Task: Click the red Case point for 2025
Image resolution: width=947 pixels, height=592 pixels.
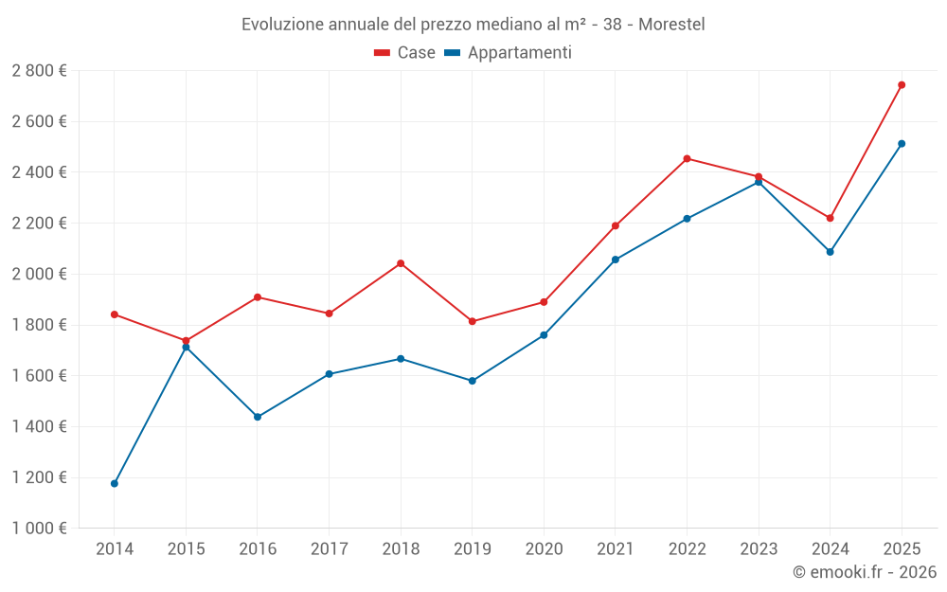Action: [902, 85]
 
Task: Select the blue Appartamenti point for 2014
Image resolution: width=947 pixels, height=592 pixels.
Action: [115, 484]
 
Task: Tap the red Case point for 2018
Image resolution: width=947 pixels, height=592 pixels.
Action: [401, 263]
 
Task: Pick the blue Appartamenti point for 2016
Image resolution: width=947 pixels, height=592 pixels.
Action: [258, 417]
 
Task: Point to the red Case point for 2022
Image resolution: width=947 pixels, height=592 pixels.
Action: [687, 159]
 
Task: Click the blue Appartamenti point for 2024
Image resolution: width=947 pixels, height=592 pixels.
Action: [831, 252]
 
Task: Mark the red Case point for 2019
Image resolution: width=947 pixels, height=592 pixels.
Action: [473, 322]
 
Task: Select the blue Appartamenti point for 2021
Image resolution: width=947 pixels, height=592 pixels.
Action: [616, 260]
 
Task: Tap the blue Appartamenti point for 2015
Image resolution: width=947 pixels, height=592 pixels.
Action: [186, 348]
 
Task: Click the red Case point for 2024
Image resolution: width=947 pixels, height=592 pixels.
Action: [831, 218]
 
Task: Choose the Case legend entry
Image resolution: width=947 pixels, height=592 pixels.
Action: [404, 53]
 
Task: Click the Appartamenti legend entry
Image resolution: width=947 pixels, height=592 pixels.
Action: [509, 53]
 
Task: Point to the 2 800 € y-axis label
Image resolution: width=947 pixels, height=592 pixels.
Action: [39, 71]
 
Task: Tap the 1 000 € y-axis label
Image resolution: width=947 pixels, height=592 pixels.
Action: [39, 529]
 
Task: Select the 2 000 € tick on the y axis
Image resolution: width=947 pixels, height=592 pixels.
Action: [39, 274]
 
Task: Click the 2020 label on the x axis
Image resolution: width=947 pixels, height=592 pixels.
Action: [544, 549]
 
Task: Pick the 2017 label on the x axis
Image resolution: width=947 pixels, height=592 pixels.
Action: [329, 549]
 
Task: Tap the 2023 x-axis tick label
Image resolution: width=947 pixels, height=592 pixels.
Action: [759, 549]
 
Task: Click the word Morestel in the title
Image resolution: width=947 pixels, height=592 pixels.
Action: [671, 24]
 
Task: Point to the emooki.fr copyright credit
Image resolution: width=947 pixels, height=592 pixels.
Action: [864, 572]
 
